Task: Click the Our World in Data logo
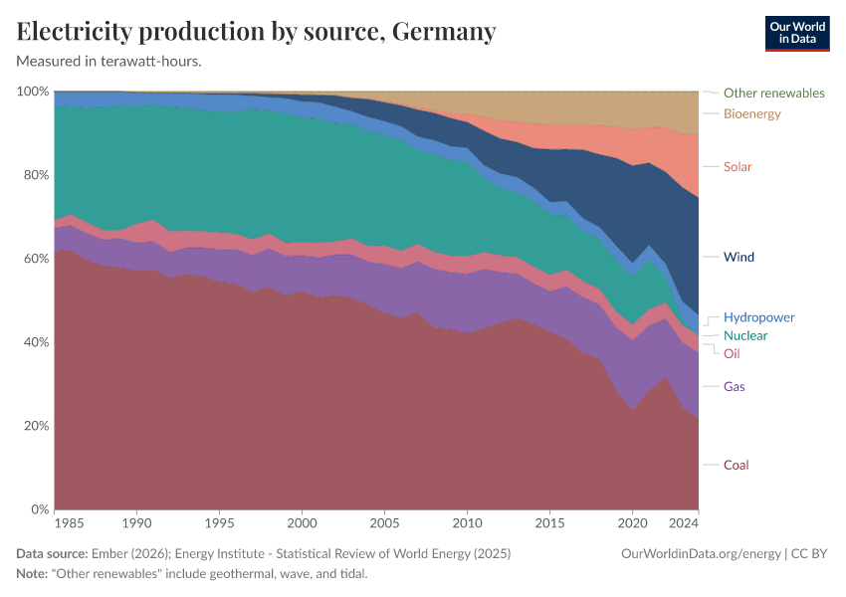796,33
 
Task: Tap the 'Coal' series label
736,465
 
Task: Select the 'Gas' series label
735,386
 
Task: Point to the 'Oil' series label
732,353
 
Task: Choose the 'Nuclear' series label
745,335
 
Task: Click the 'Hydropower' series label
758,317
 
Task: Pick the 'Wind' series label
739,257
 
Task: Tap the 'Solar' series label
738,166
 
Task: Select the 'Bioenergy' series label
751,113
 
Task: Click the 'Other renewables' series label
773,93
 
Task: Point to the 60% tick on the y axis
34,259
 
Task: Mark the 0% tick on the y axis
38,509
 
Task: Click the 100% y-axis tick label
32,92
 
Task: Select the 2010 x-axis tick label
466,522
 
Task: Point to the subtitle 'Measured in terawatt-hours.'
109,61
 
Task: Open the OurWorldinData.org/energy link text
701,553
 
